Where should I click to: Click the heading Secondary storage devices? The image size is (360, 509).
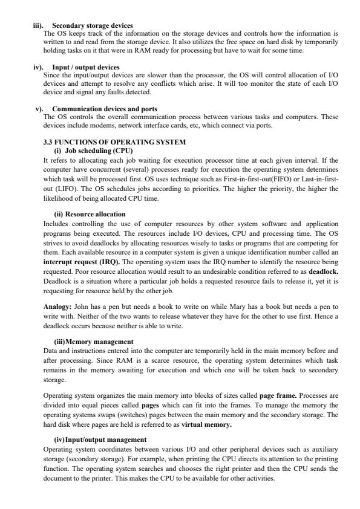click(93, 25)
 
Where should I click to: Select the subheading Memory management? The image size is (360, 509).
click(95, 342)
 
